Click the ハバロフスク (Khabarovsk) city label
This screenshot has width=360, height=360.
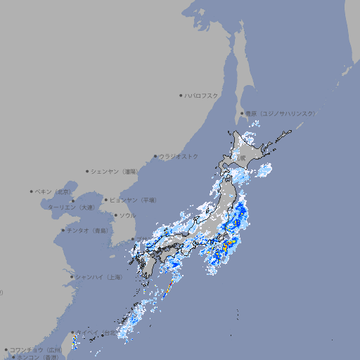(202, 96)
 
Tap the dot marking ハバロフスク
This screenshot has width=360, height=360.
(181, 96)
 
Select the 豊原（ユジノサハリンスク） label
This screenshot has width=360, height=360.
(281, 113)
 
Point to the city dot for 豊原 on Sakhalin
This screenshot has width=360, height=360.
(243, 113)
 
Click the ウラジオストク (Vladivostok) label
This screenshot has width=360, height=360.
(179, 156)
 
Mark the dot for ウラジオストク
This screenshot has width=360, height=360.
(155, 157)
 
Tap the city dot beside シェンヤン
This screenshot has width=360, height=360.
(88, 171)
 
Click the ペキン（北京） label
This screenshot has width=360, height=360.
(53, 191)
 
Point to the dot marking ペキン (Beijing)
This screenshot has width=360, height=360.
(32, 191)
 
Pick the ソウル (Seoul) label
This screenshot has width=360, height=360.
(127, 215)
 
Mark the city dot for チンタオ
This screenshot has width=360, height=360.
(63, 230)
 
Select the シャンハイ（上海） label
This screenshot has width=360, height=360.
(98, 277)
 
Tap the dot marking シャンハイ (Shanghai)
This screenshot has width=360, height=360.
(72, 277)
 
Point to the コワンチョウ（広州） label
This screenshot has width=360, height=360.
(36, 349)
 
